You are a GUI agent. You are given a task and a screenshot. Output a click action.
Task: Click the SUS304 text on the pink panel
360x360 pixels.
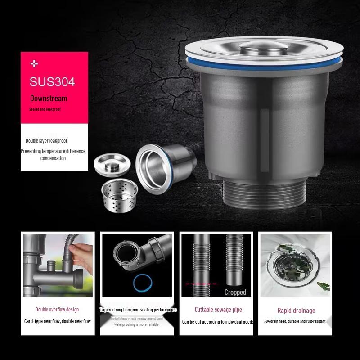52,82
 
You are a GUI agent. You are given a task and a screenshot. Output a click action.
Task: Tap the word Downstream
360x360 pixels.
49,98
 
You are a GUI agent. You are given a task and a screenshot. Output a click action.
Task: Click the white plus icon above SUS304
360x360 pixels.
34,64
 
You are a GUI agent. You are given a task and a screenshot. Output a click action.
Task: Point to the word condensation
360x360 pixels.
53,158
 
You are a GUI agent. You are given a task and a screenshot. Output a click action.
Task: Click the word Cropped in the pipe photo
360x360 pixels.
235,292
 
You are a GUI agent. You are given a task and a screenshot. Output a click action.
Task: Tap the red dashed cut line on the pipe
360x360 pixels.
201,284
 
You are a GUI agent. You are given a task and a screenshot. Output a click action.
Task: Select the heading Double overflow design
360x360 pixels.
57,310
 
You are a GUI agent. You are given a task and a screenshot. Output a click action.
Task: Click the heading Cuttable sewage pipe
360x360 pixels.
218,310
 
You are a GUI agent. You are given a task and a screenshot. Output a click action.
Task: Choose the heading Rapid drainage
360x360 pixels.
296,310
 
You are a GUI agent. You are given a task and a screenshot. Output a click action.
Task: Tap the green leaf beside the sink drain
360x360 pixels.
323,285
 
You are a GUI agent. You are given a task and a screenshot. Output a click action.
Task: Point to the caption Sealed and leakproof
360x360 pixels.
45,109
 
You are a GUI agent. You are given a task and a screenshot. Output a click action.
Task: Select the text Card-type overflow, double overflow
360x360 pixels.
58,321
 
